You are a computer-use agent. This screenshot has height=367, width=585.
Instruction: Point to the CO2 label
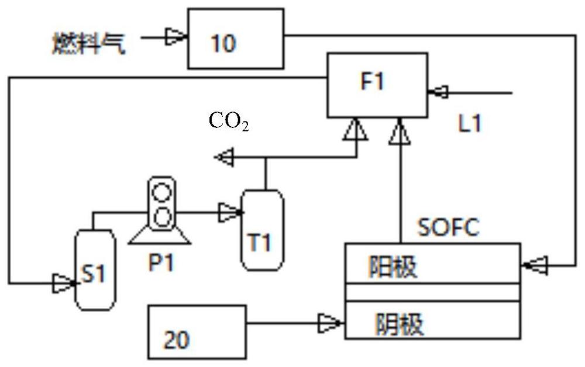pos(229,122)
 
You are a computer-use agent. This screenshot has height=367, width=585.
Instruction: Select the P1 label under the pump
pos(160,262)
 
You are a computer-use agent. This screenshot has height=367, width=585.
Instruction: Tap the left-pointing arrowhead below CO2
pos(224,157)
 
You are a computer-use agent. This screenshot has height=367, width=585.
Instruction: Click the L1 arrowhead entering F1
pos(438,92)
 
